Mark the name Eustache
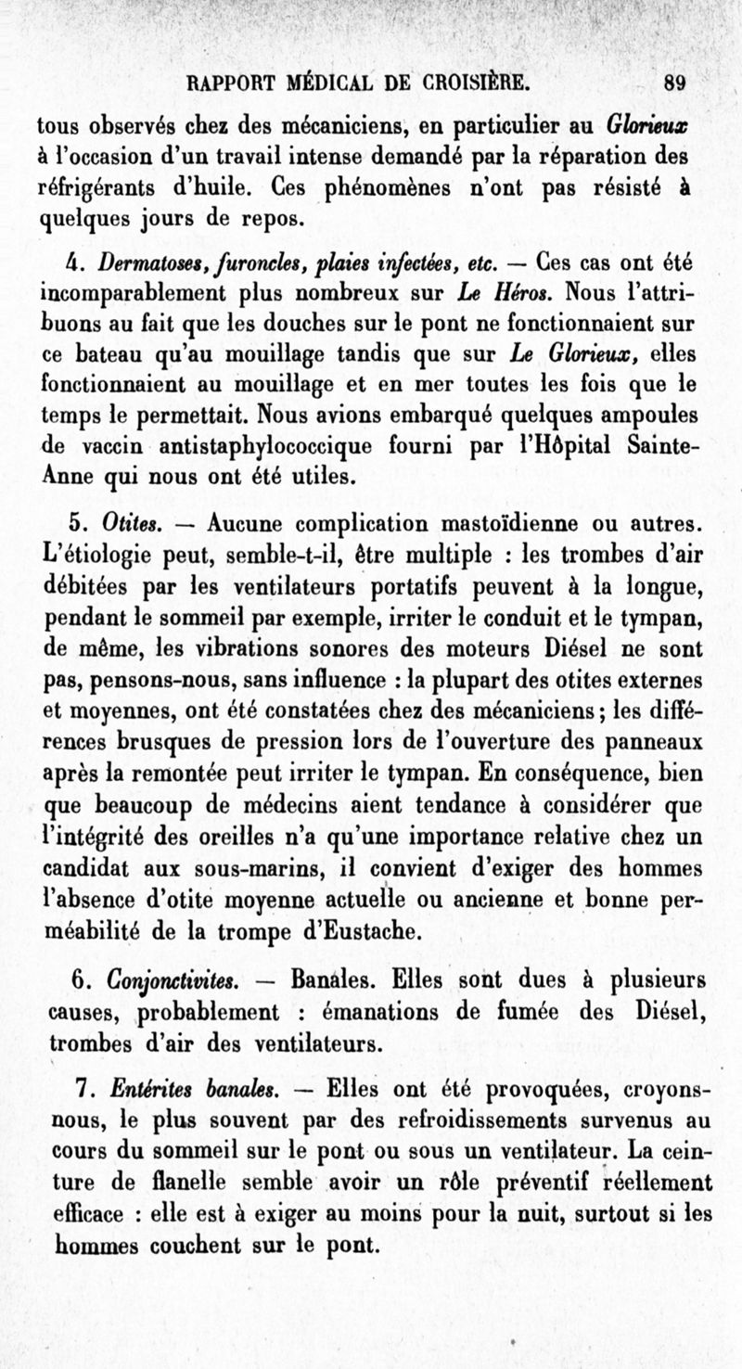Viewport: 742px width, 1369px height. (x=372, y=930)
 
